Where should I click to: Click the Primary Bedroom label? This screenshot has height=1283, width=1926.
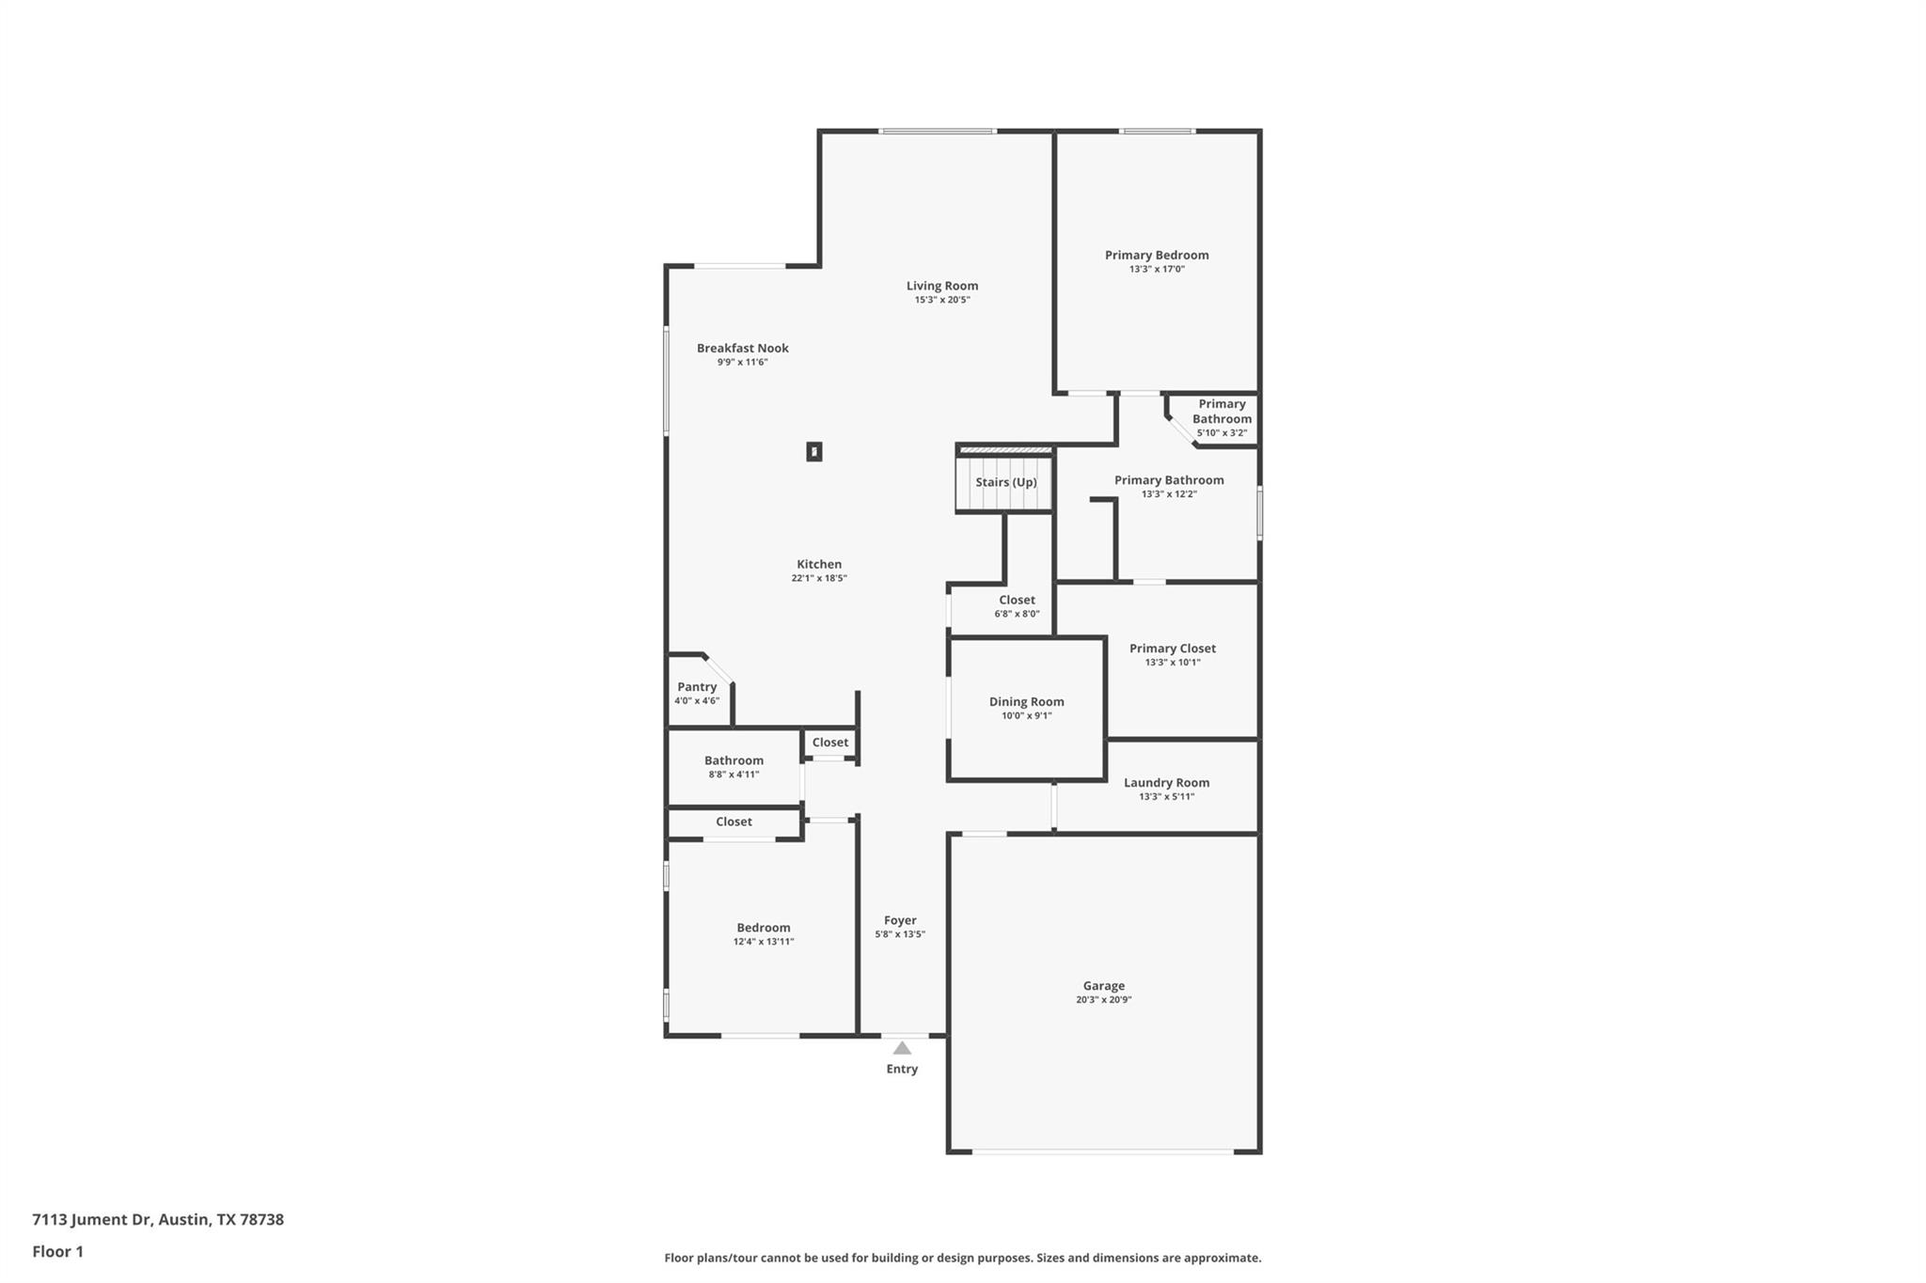pyautogui.click(x=1157, y=255)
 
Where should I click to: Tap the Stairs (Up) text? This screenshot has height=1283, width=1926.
pyautogui.click(x=1005, y=482)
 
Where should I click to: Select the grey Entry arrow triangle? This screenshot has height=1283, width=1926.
pyautogui.click(x=902, y=1047)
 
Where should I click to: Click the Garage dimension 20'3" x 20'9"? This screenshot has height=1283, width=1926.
pyautogui.click(x=1103, y=1000)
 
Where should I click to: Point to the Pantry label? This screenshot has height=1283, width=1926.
pyautogui.click(x=697, y=687)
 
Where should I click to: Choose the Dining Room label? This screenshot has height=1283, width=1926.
pyautogui.click(x=1026, y=701)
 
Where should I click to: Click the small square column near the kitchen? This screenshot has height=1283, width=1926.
pyautogui.click(x=814, y=452)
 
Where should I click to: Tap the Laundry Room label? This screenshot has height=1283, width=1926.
pyautogui.click(x=1166, y=782)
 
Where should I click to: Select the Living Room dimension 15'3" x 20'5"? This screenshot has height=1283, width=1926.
pyautogui.click(x=941, y=300)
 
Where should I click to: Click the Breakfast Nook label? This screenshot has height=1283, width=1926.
pyautogui.click(x=742, y=348)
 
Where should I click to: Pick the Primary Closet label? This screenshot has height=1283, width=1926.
pyautogui.click(x=1172, y=649)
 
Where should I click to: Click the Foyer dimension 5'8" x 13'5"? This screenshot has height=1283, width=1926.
pyautogui.click(x=900, y=934)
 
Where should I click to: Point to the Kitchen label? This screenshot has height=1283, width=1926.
pyautogui.click(x=819, y=564)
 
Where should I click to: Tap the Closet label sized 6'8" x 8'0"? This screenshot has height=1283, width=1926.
pyautogui.click(x=1017, y=600)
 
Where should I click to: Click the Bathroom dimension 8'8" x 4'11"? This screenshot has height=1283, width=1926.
pyautogui.click(x=734, y=774)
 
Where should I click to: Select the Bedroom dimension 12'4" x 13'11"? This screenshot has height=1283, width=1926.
pyautogui.click(x=764, y=942)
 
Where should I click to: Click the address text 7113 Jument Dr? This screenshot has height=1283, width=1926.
pyautogui.click(x=92, y=1219)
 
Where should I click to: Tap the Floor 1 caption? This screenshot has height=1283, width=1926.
pyautogui.click(x=57, y=1251)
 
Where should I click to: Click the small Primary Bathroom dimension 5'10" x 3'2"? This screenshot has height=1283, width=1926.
pyautogui.click(x=1222, y=433)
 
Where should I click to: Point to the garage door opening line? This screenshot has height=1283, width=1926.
pyautogui.click(x=1102, y=1151)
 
